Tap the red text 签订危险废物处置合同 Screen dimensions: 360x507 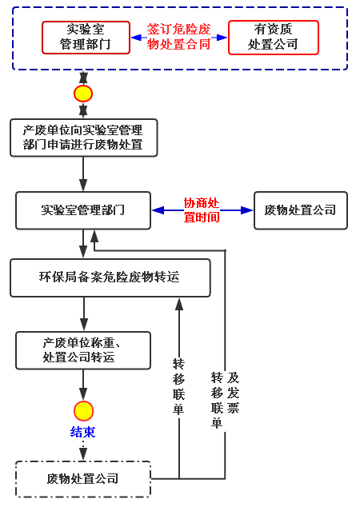click(179, 37)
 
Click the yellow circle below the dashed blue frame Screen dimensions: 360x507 click(83, 94)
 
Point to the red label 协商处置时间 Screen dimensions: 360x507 click(202, 210)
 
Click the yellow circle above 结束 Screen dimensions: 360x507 click(83, 411)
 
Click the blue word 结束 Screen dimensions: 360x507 click(83, 432)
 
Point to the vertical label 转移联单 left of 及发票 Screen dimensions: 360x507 click(217, 401)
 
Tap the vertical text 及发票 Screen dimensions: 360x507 click(233, 393)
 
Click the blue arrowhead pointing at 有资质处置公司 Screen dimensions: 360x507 click(222, 38)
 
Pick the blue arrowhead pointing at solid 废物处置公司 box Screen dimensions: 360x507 click(247, 210)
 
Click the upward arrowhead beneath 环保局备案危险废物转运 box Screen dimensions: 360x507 click(179, 304)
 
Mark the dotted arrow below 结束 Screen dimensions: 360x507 click(83, 449)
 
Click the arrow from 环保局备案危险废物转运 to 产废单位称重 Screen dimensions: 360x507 click(84, 314)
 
